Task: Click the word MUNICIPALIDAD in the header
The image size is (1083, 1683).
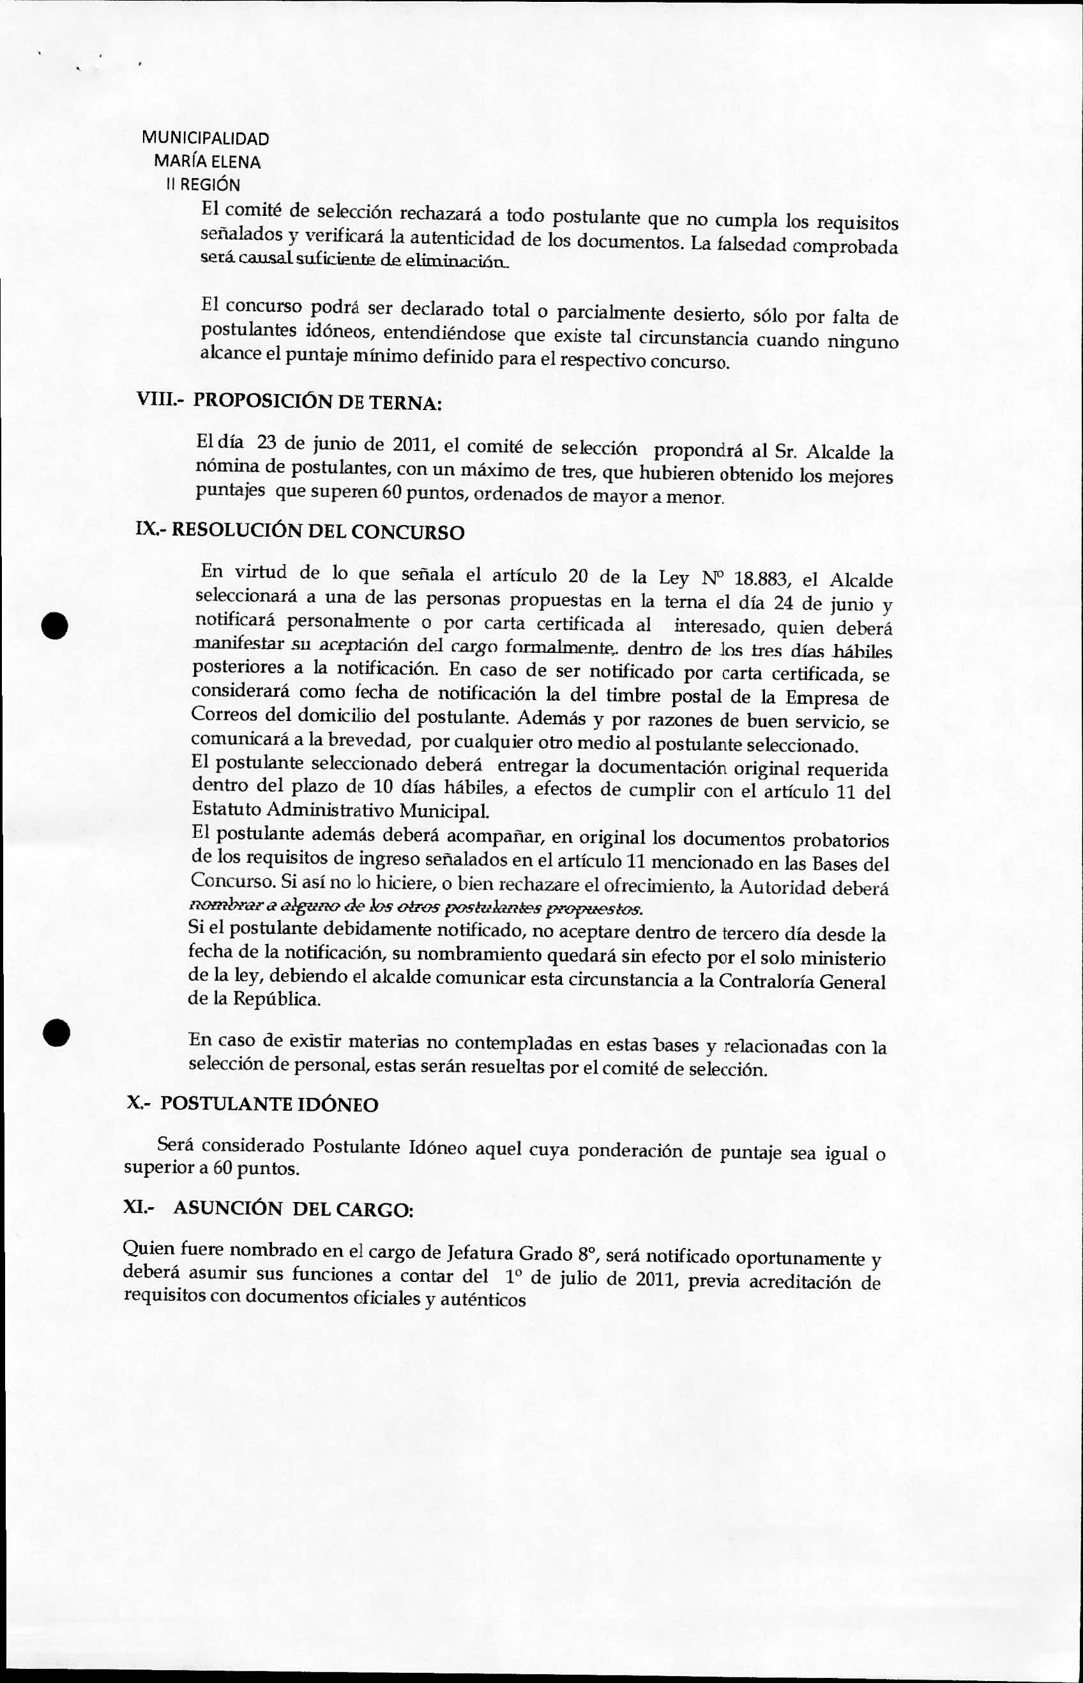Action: [204, 139]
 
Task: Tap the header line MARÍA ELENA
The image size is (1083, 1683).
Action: [207, 162]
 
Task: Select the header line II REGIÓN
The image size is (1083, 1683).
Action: [203, 185]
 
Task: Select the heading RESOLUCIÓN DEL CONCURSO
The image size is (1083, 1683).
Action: [318, 531]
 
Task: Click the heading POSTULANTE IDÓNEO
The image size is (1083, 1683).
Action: [269, 1104]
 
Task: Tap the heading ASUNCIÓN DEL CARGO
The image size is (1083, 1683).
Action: [293, 1208]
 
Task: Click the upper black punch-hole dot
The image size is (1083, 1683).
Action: [54, 625]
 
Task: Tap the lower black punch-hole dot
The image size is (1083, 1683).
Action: [54, 1033]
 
